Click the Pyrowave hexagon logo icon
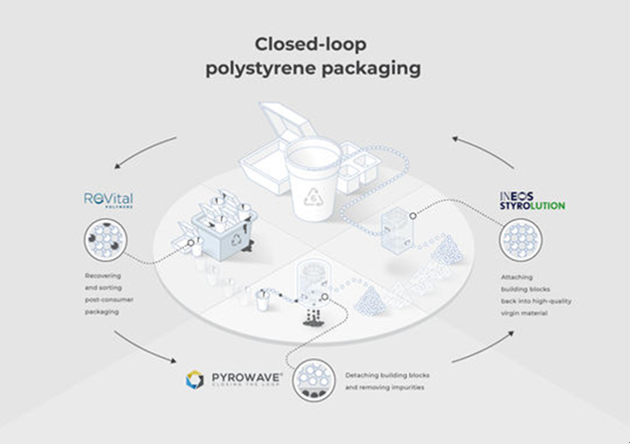pos(195,379)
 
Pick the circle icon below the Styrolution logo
pos(520,242)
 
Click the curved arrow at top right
pos(482,148)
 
